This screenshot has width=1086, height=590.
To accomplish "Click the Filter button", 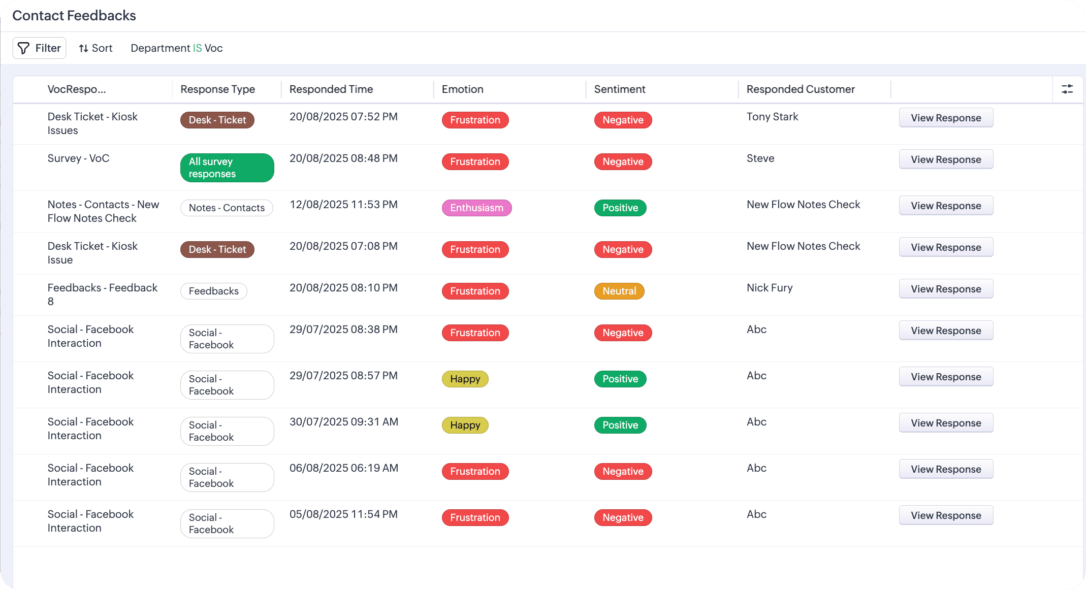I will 40,48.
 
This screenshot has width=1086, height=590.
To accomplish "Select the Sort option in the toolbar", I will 95,48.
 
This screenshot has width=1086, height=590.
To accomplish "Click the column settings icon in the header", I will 1067,89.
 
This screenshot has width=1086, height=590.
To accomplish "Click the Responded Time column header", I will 331,89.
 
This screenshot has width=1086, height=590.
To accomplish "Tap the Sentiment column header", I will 620,89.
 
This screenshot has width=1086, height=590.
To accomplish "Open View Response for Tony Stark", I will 946,118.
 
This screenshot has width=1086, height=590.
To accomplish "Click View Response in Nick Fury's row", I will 946,289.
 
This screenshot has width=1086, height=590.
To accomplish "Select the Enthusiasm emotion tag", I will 476,208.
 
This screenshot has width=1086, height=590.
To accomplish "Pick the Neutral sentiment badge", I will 619,291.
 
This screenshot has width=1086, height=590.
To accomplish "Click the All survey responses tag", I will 227,168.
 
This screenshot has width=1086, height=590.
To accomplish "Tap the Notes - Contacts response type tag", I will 227,208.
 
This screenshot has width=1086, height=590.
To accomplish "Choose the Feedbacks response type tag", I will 214,291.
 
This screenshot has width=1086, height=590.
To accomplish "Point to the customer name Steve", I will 760,158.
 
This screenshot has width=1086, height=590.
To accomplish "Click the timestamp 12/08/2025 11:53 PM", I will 343,205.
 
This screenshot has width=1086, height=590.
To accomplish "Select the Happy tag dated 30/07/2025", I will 465,425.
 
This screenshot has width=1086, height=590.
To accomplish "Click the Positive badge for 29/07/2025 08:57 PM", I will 620,379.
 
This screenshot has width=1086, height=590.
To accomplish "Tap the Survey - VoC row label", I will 78,158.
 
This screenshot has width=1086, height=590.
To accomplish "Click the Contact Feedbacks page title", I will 74,16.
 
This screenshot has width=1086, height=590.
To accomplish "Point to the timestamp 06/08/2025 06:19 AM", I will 344,468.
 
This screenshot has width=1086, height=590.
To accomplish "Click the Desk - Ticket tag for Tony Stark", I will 217,120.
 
